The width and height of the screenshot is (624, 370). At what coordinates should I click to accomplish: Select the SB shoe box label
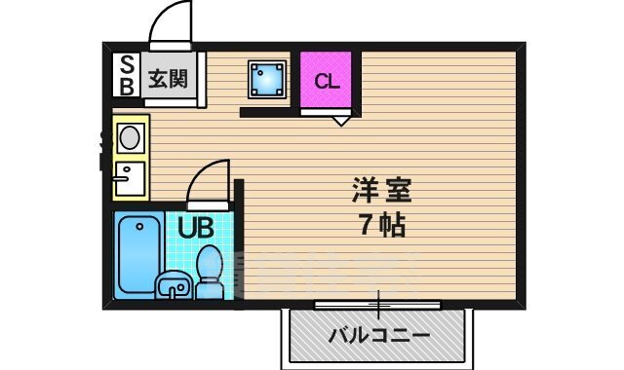pos(128,76)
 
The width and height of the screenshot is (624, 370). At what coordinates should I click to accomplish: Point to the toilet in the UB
pos(209,272)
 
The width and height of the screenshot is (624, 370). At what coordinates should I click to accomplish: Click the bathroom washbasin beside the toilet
pos(175,285)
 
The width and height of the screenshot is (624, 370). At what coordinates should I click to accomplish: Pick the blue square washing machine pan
pos(266,78)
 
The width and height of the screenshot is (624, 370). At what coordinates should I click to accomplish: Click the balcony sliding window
pos(378,304)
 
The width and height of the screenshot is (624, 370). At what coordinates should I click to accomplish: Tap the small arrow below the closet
pos(340,120)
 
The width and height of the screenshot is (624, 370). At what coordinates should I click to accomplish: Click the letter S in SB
pos(128,65)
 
